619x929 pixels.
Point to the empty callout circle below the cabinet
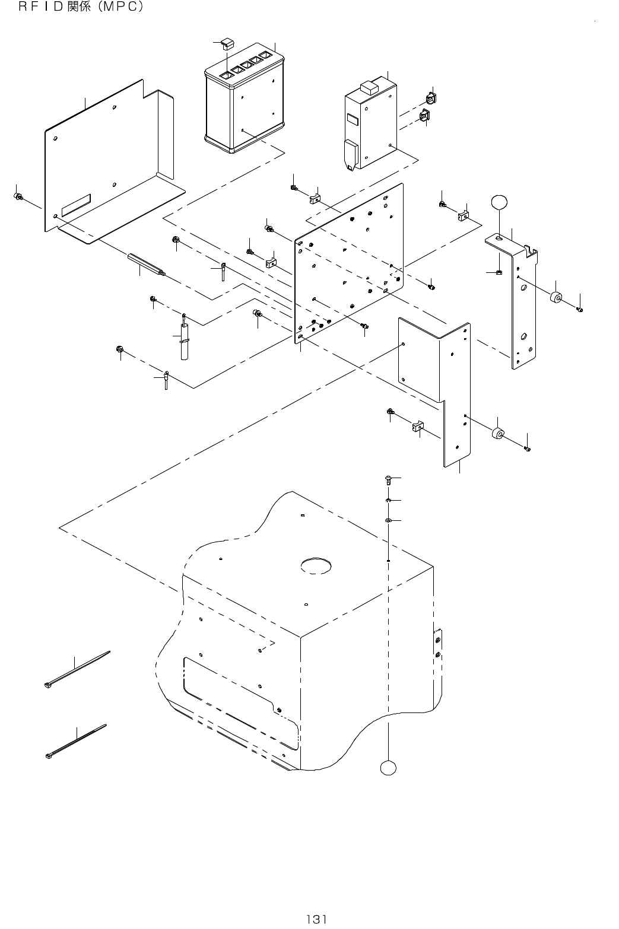(388, 768)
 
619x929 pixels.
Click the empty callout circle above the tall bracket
(500, 201)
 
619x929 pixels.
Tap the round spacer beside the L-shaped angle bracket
(498, 434)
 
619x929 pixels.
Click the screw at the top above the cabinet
(387, 479)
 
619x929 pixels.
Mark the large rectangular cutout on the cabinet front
(237, 697)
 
